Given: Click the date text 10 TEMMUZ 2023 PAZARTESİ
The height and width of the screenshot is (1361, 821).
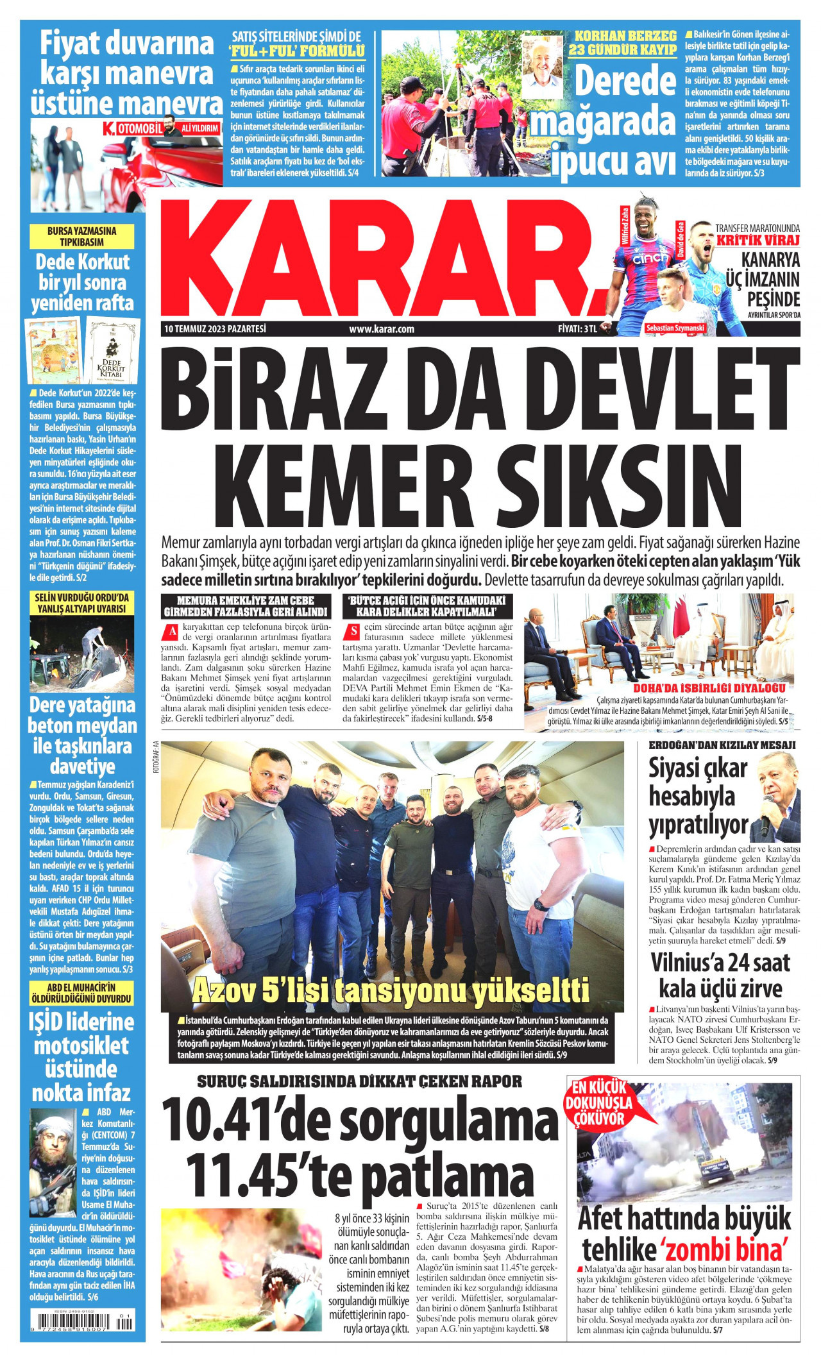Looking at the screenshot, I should click(x=215, y=329).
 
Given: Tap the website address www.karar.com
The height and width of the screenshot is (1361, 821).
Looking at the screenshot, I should click(x=382, y=329).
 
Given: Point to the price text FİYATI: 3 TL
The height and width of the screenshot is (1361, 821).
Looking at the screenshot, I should click(x=577, y=329).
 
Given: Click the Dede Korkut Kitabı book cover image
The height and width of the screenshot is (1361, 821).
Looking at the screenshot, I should click(x=113, y=351).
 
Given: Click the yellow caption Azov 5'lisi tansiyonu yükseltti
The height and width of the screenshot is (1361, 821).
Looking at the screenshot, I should click(x=391, y=990).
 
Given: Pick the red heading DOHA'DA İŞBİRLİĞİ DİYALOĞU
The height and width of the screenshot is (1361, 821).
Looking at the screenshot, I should click(x=709, y=688).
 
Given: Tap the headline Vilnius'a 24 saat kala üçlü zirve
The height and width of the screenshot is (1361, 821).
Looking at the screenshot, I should click(x=720, y=975).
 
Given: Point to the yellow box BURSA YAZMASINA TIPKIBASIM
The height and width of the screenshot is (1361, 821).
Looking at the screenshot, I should click(x=82, y=237).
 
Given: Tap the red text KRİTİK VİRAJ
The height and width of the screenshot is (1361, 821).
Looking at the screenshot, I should click(x=758, y=241).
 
